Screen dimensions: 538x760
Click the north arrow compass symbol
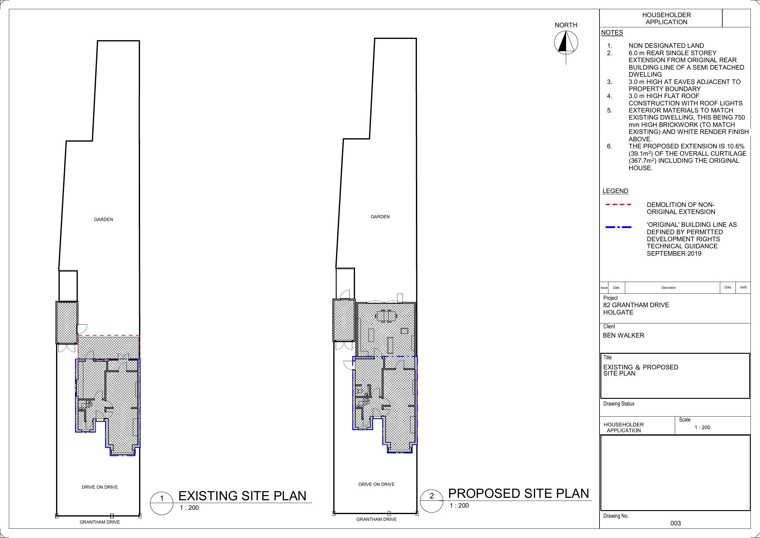(x=566, y=43)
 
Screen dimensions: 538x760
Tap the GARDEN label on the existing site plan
(x=103, y=219)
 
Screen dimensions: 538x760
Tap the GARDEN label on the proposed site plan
(x=380, y=217)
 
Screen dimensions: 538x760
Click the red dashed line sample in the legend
(x=618, y=205)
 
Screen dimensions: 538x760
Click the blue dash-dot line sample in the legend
(x=618, y=227)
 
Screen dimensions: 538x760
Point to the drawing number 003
(x=675, y=523)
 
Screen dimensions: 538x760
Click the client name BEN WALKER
(x=623, y=335)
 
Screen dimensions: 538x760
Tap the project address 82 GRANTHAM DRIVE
(x=636, y=305)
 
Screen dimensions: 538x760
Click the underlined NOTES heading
(x=612, y=32)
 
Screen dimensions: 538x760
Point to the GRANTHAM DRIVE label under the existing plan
(x=100, y=522)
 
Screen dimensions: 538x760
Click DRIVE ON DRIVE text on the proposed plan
(x=376, y=484)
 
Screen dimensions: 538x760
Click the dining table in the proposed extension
(x=385, y=316)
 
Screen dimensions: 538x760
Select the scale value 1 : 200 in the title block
(x=702, y=427)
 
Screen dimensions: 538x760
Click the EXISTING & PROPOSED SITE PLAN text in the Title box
(x=640, y=370)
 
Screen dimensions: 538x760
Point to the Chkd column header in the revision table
(x=727, y=287)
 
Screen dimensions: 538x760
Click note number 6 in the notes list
(x=609, y=147)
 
